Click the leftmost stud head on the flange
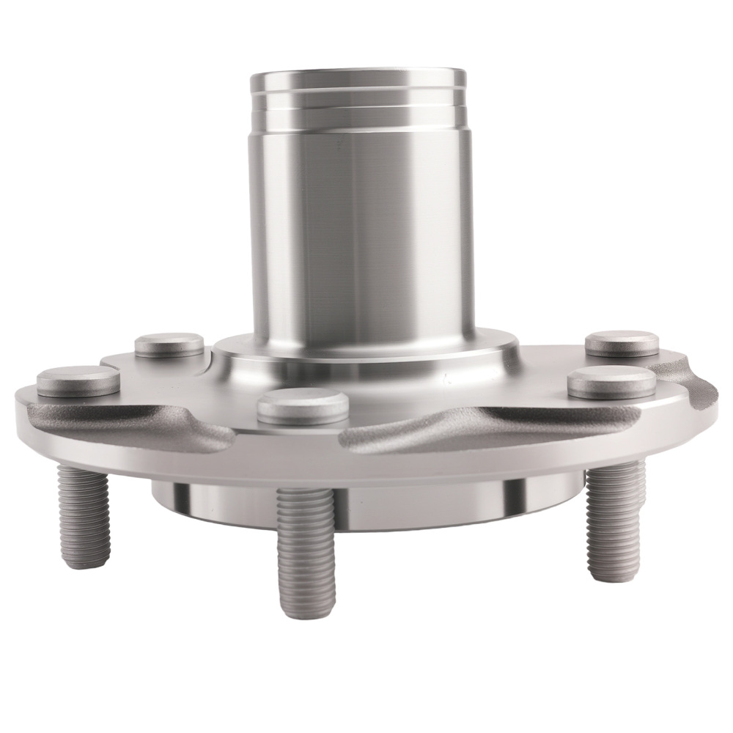[78, 380]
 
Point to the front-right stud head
[611, 380]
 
